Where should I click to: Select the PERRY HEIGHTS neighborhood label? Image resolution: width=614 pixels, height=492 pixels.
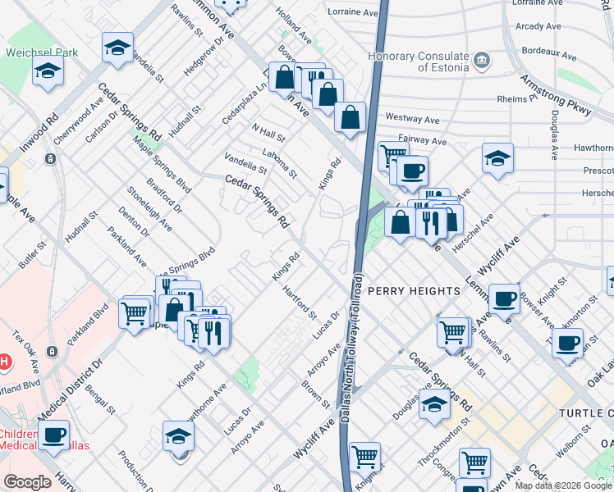(x=413, y=291)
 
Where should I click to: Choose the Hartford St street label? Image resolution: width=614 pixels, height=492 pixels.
(x=299, y=302)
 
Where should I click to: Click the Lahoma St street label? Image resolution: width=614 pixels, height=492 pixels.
(x=279, y=162)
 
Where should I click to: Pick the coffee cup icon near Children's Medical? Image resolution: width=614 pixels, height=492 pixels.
(x=54, y=435)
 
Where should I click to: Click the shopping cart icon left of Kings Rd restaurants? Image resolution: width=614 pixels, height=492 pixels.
(x=135, y=312)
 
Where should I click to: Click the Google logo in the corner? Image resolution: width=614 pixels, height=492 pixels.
(x=27, y=482)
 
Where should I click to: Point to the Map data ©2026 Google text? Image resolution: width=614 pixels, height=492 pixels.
(x=563, y=485)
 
